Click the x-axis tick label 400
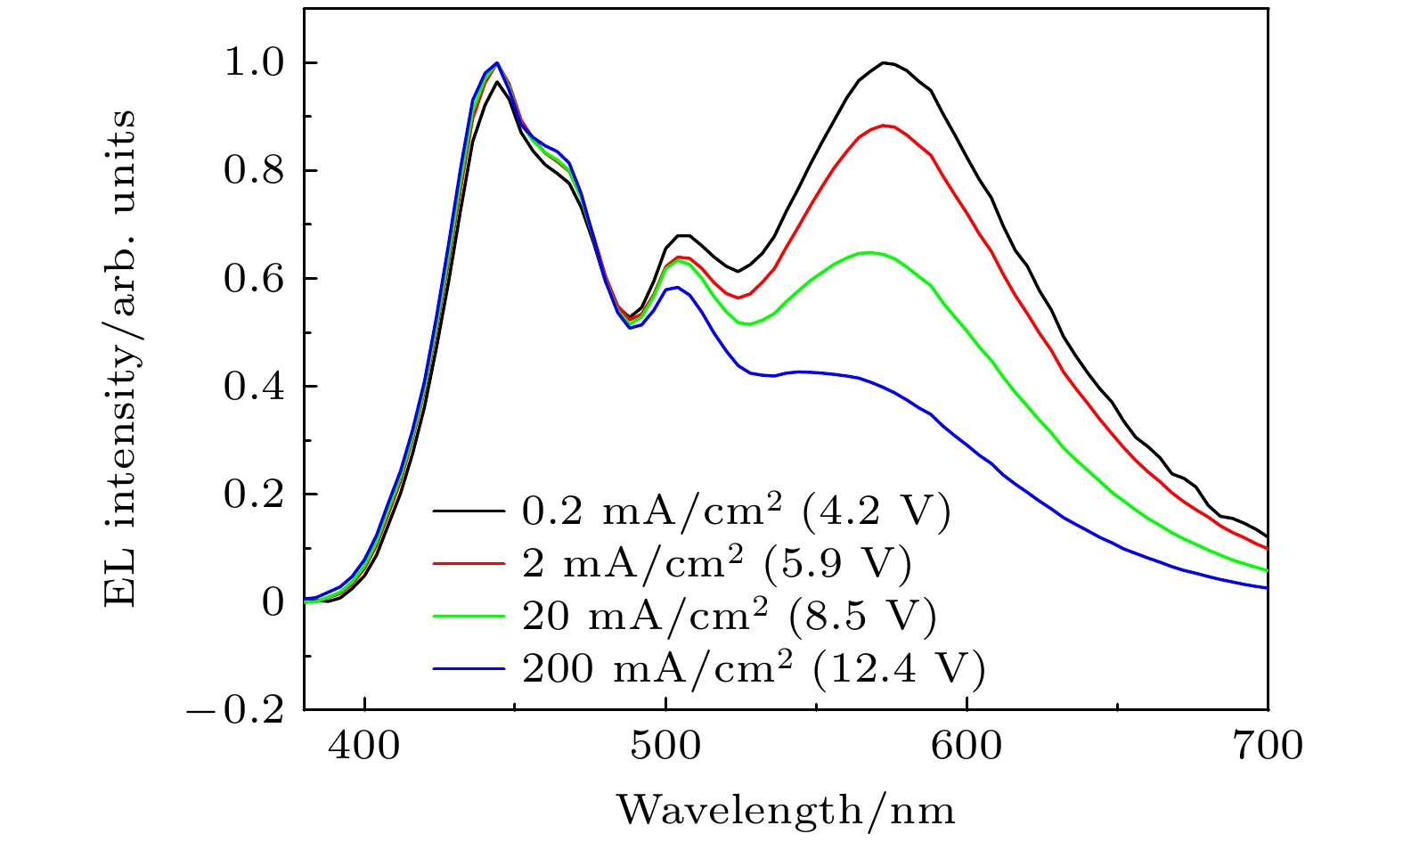363,746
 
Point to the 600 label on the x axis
967,746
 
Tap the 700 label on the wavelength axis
1267,746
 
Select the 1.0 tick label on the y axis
253,64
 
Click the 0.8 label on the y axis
253,171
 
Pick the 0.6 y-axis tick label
253,279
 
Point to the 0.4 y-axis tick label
253,387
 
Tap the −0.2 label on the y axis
235,710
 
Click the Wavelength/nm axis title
786,810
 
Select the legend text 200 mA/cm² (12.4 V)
754,669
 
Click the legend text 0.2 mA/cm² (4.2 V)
736,511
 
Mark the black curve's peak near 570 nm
885,62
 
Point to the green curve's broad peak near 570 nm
869,253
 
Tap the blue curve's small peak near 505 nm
677,287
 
